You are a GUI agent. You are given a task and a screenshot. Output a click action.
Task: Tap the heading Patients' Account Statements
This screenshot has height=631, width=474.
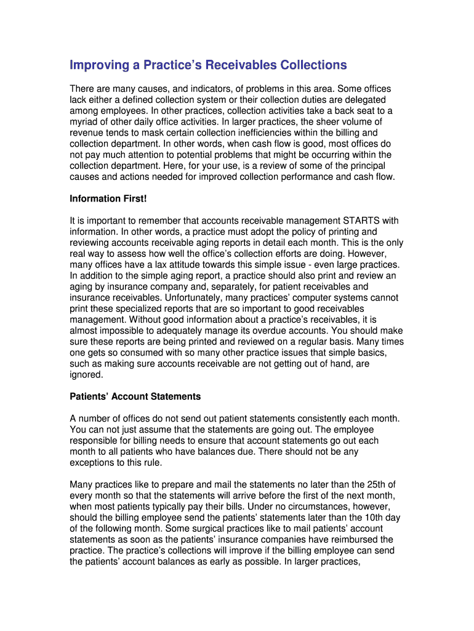tap(135, 396)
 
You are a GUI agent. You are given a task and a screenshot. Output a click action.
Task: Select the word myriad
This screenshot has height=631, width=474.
tap(84, 122)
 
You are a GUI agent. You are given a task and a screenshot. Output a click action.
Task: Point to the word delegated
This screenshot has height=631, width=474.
tap(364, 100)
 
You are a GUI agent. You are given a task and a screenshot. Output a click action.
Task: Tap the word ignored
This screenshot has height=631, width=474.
tap(87, 375)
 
